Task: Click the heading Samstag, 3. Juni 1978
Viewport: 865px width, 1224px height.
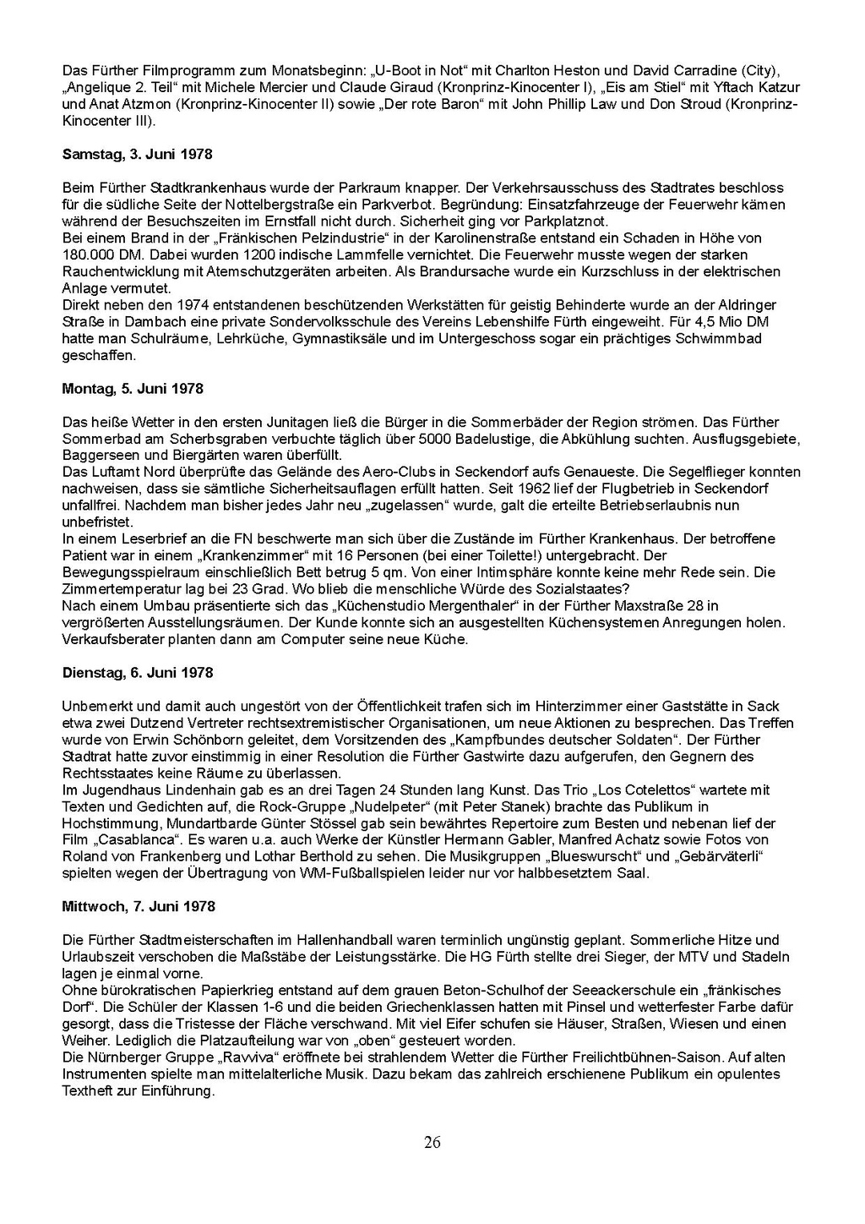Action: click(137, 155)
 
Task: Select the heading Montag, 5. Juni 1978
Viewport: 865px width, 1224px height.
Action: click(133, 389)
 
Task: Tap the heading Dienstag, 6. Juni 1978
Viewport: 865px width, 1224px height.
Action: click(138, 673)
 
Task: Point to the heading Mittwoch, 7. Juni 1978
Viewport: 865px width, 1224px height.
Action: click(139, 906)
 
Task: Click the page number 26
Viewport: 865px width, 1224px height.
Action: click(432, 1143)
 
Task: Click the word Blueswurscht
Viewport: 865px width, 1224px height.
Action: click(592, 856)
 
